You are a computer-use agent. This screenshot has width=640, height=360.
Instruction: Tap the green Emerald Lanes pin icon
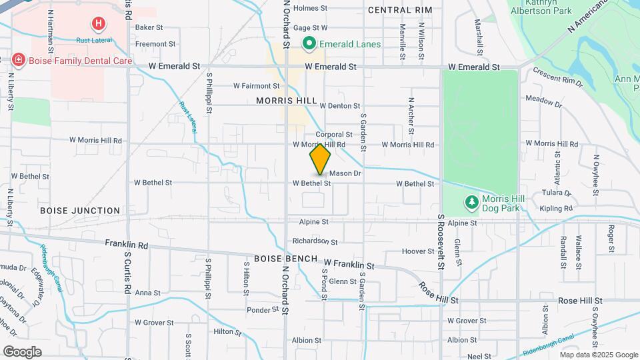[x=309, y=44]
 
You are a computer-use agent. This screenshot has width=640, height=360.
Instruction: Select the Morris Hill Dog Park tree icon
[x=471, y=202]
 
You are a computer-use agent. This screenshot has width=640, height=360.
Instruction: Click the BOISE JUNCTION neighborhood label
[x=80, y=210]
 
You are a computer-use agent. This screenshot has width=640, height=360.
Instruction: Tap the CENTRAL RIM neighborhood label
[x=399, y=10]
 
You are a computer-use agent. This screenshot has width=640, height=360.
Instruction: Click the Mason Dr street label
[x=345, y=173]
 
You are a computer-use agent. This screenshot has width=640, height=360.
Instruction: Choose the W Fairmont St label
[x=257, y=86]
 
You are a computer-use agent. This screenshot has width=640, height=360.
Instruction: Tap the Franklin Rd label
[x=126, y=245]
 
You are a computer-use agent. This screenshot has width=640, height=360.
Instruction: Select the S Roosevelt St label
[x=441, y=241]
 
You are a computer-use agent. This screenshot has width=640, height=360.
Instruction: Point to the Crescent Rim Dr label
[x=557, y=80]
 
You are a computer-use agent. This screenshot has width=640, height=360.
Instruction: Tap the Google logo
[x=22, y=352]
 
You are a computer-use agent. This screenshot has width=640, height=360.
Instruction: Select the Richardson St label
[x=315, y=241]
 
